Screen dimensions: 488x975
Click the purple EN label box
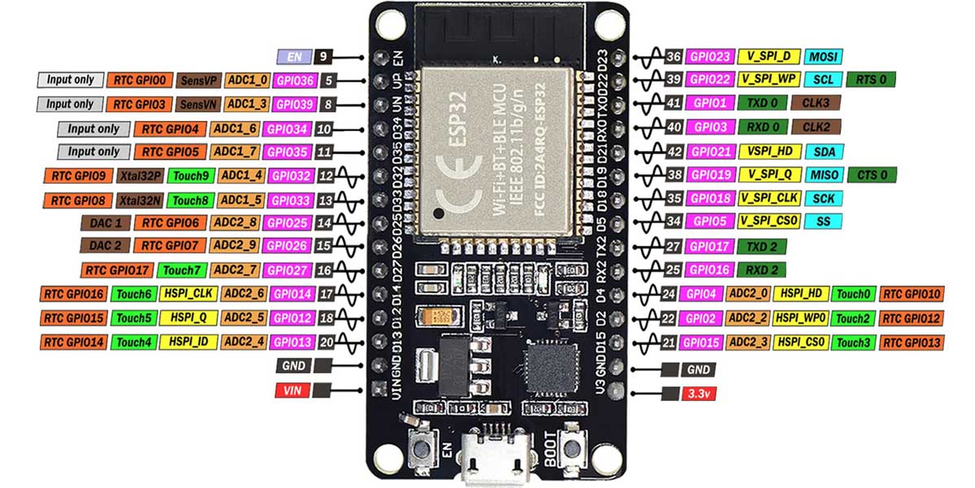[x=293, y=57]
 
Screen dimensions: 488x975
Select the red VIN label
[x=292, y=390]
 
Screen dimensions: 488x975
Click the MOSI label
[x=823, y=57]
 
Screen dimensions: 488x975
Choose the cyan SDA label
[x=823, y=151]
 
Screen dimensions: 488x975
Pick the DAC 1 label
[x=106, y=222]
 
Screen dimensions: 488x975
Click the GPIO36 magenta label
[x=293, y=81]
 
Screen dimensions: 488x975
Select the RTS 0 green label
[x=871, y=80]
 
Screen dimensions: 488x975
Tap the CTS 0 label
[x=872, y=175]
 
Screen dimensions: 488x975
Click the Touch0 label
[x=852, y=294]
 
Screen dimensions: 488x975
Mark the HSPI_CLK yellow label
[x=189, y=294]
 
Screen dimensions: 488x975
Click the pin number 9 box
[x=324, y=57]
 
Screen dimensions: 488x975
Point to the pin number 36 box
[x=673, y=57]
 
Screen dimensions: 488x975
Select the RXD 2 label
[x=761, y=269]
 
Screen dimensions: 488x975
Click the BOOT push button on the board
[x=574, y=448]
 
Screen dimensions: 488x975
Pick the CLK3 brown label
[x=817, y=103]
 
